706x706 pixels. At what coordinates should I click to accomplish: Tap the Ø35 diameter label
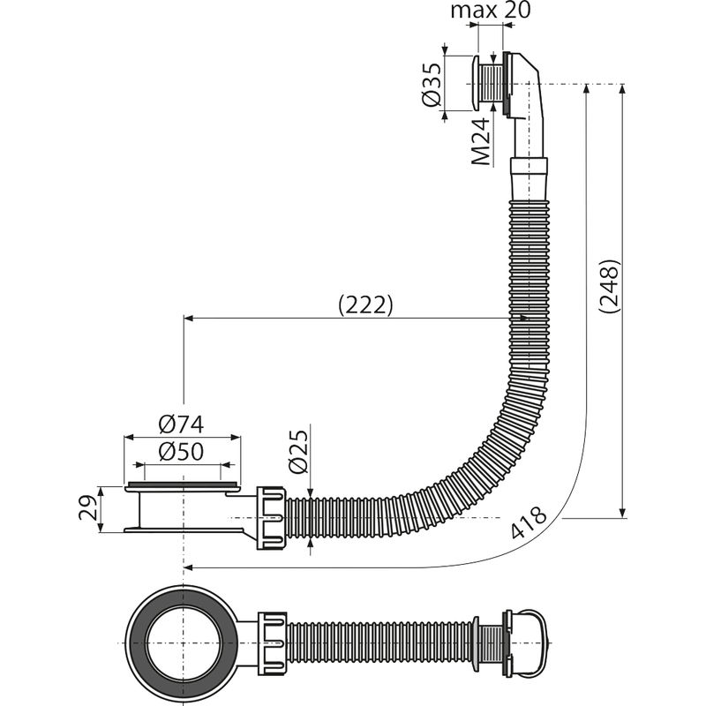[432, 86]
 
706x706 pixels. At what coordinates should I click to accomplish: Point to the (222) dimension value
[364, 304]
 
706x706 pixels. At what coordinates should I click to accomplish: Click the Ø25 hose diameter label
[299, 452]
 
